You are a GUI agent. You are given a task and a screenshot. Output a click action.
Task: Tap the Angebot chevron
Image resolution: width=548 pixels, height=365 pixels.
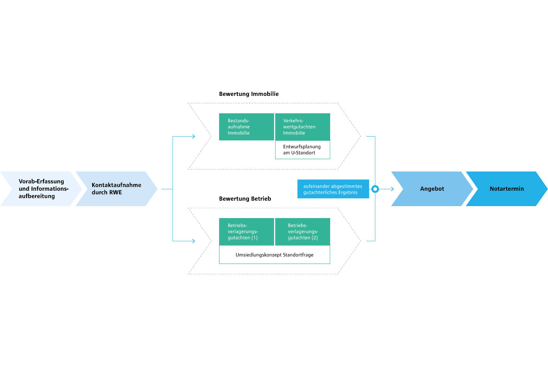[x=432, y=189]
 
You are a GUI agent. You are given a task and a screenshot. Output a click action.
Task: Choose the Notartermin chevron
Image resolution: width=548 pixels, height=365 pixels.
[x=507, y=189]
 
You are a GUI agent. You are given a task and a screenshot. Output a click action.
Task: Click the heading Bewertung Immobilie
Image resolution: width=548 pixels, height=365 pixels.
[x=249, y=94]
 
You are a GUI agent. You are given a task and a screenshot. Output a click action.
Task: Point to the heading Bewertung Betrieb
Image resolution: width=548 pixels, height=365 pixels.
[x=245, y=199]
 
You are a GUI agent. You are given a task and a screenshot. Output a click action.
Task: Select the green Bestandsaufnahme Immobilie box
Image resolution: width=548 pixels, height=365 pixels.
[x=246, y=127]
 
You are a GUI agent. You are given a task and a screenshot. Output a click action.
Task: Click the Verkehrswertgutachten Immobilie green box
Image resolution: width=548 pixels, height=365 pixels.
[x=302, y=127]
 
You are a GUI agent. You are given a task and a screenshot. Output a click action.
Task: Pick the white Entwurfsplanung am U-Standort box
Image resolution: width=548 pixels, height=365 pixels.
[x=302, y=150]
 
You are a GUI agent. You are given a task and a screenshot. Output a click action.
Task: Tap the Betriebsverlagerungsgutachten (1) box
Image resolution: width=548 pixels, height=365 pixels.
[x=246, y=231]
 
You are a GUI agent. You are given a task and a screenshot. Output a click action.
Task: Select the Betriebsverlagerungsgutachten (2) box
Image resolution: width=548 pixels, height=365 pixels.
[x=302, y=231]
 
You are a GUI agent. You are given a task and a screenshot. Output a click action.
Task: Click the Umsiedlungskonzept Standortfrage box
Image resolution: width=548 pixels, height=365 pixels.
[x=274, y=255]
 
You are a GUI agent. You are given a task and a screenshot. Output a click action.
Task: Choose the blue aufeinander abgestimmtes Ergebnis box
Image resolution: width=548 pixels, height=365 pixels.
[x=333, y=189]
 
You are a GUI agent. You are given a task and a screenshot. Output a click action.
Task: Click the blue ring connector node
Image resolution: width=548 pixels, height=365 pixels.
[x=375, y=189]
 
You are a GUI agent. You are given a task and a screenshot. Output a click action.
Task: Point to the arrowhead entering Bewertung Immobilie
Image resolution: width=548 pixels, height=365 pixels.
[x=194, y=136]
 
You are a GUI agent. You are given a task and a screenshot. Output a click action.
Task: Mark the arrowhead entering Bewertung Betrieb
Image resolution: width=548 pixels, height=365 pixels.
[x=194, y=241]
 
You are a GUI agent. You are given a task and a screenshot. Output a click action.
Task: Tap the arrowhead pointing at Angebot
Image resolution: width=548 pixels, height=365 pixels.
[x=392, y=189]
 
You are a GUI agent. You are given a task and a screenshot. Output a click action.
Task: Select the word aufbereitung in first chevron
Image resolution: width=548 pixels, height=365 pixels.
[x=37, y=196]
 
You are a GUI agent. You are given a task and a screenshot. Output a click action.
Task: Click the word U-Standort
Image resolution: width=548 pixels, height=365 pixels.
[x=303, y=153]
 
